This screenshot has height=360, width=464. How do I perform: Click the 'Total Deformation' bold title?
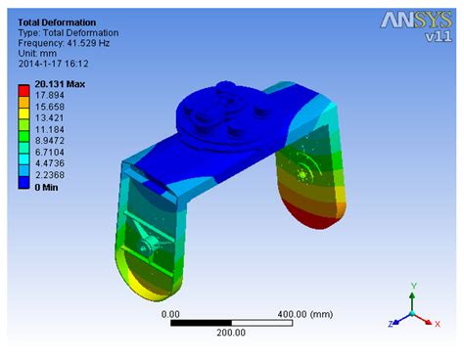click(x=56, y=21)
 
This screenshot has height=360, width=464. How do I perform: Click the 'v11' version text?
click(x=436, y=38)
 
